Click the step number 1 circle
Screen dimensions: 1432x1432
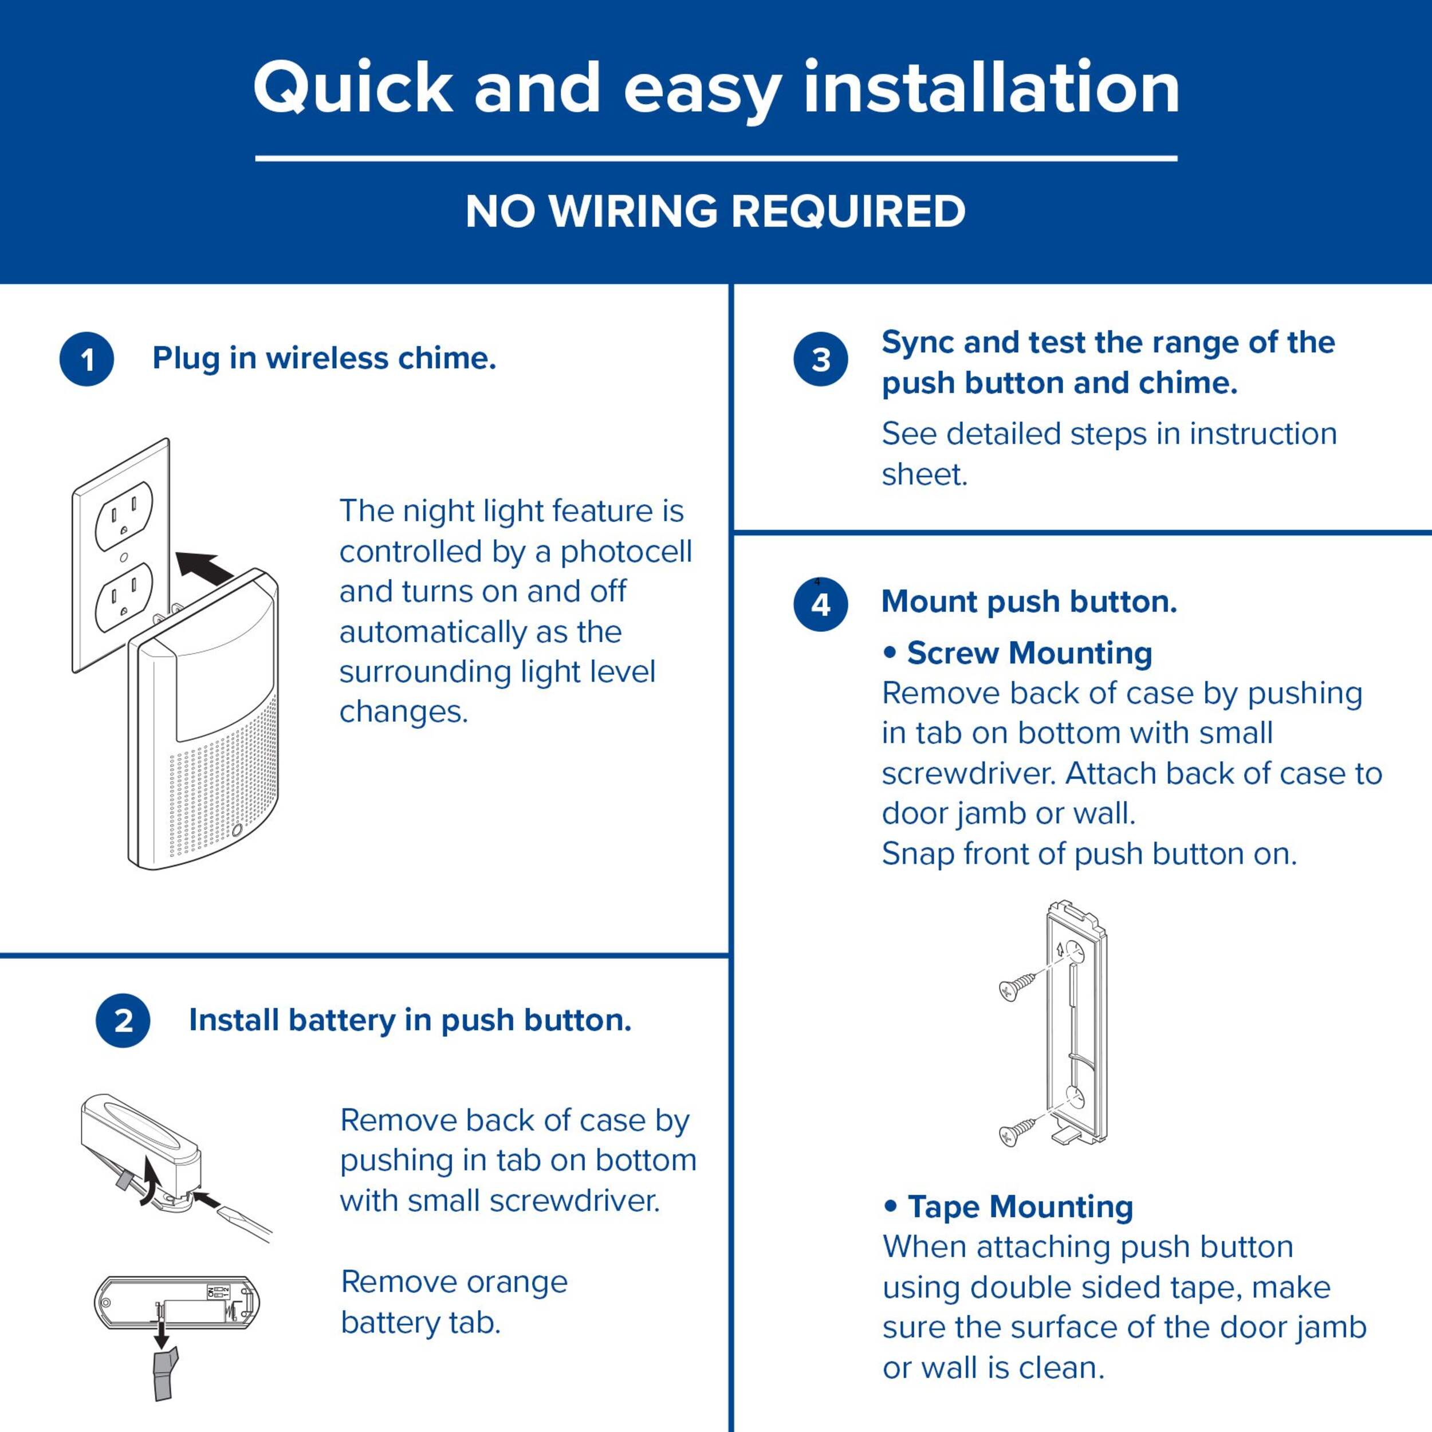[x=86, y=360]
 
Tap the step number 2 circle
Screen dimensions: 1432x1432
[x=123, y=1021]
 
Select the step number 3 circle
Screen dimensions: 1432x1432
[x=820, y=360]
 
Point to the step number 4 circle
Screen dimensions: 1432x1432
[x=820, y=605]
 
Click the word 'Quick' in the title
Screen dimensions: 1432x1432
[x=353, y=89]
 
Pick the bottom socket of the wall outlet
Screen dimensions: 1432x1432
[x=124, y=595]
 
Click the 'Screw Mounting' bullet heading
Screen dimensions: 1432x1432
[x=1018, y=653]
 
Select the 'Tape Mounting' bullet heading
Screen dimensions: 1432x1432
[x=1008, y=1207]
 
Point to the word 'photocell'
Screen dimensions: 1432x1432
[x=625, y=552]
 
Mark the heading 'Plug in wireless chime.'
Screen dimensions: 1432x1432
[x=324, y=359]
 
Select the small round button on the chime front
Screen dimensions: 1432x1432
[x=237, y=831]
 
